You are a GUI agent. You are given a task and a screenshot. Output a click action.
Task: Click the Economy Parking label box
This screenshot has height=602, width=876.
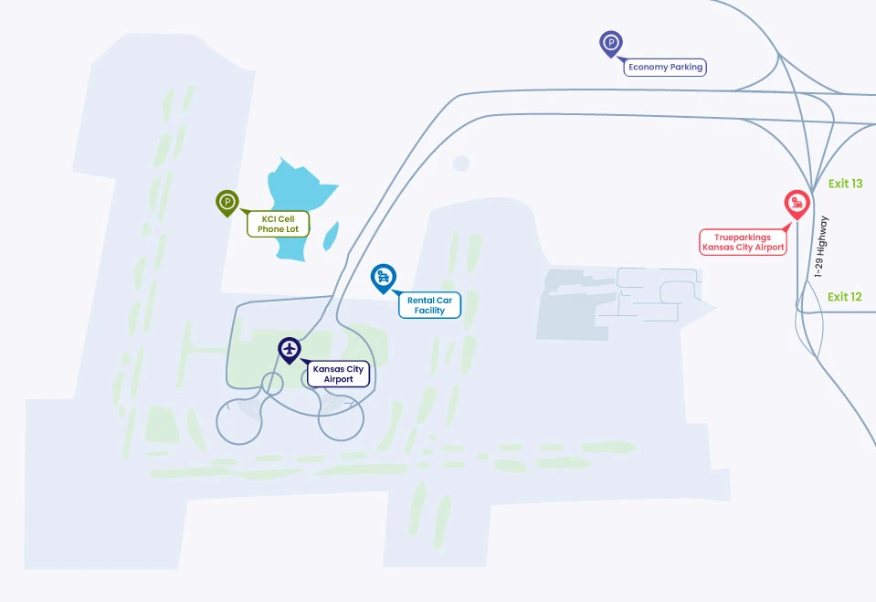[665, 67]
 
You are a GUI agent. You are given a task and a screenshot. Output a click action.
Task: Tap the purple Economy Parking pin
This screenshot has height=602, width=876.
[610, 44]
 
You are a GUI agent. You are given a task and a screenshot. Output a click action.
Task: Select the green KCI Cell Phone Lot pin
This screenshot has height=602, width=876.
[227, 203]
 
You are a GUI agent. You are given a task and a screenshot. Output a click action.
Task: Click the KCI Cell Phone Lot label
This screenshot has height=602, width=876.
[279, 224]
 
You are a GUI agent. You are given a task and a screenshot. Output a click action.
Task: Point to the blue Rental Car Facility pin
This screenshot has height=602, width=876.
[384, 278]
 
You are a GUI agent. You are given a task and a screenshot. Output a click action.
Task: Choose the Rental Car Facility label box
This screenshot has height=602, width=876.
[429, 305]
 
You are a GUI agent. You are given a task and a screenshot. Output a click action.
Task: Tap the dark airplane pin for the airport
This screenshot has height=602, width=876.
[290, 350]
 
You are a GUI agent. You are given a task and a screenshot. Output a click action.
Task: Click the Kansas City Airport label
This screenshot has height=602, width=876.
[339, 374]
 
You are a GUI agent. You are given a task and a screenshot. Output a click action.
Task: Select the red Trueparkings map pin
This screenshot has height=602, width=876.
[797, 205]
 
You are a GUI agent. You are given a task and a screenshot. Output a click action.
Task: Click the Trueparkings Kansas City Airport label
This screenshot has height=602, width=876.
[743, 242]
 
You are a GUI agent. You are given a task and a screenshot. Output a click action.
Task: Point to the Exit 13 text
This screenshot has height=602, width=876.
[845, 184]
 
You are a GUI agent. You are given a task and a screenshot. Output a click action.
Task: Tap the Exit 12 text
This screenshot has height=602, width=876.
[845, 297]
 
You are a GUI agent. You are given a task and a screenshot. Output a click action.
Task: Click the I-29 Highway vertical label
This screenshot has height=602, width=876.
[820, 247]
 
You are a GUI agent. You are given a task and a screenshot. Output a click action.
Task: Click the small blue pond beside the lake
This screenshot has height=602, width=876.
[332, 236]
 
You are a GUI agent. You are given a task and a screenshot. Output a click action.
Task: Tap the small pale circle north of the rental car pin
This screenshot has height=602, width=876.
[461, 164]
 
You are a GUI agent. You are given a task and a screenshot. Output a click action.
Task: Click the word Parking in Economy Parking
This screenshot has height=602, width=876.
[686, 67]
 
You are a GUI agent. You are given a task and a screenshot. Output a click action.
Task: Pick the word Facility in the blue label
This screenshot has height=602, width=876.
[429, 311]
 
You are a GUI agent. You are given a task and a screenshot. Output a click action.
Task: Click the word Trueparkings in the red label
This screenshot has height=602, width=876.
[743, 237]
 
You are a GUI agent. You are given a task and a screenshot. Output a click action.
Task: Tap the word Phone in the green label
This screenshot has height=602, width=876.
[270, 229]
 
